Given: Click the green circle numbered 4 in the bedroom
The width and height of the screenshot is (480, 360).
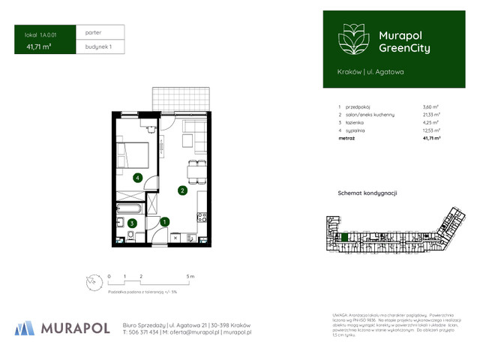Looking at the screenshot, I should pos(137,178).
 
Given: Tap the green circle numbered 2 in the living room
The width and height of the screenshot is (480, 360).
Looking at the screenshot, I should pos(181,190).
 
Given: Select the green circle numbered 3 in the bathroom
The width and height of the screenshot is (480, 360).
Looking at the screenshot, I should pos(131,223).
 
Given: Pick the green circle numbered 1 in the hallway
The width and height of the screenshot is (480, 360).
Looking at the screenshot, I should pos(166,221).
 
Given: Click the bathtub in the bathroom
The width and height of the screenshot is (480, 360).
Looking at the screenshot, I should pos(130,208).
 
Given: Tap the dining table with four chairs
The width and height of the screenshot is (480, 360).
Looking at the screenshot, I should pos(195,170).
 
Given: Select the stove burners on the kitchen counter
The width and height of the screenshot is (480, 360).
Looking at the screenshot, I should pos(200,218).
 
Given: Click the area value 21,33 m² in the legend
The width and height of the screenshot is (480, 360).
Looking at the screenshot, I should pos(432,114).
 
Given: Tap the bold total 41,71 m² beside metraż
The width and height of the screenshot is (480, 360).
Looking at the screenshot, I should pos(431,139).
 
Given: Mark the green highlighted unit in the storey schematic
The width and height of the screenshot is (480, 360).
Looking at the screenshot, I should pos(345,238).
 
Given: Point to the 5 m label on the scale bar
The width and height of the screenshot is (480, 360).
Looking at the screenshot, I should pos(190,277).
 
